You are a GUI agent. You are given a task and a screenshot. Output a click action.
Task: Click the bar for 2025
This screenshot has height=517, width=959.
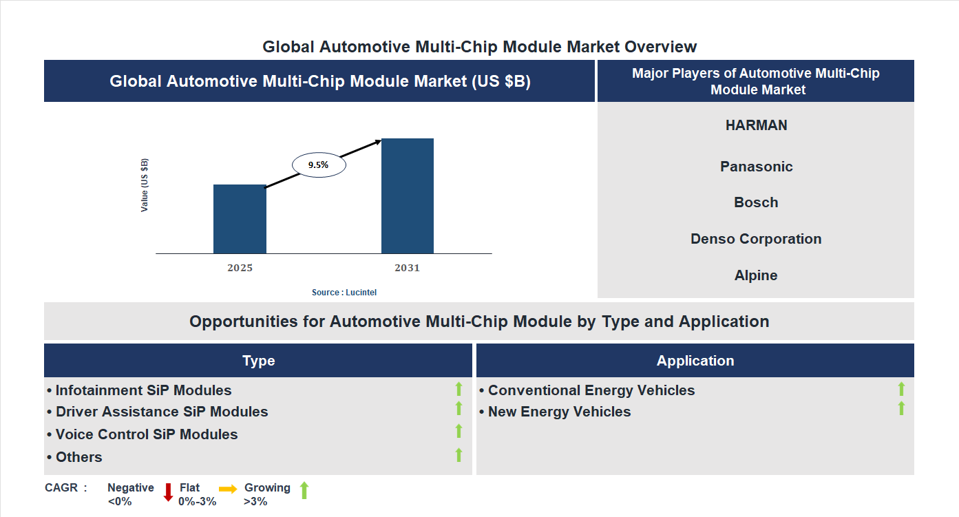click(240, 219)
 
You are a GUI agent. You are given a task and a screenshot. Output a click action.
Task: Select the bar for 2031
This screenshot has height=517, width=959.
click(408, 196)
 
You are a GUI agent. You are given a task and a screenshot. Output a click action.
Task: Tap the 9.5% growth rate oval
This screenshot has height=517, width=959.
click(319, 165)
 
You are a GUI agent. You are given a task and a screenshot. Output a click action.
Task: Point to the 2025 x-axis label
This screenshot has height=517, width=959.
click(240, 268)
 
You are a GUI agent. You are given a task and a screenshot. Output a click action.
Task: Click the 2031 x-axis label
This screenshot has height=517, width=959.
click(407, 268)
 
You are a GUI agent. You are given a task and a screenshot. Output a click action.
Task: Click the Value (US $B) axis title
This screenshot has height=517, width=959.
click(145, 185)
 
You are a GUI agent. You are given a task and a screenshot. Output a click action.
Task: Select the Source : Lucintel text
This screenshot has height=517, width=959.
click(344, 293)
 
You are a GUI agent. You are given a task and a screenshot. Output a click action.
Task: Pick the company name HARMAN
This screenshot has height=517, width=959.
click(756, 125)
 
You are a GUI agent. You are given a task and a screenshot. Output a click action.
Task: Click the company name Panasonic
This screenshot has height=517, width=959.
click(756, 167)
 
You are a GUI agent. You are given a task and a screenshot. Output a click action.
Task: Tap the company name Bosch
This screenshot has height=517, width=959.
click(756, 202)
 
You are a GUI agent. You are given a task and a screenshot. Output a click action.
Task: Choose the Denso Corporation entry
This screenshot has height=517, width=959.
click(756, 239)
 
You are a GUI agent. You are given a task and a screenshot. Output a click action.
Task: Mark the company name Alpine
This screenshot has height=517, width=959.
click(756, 275)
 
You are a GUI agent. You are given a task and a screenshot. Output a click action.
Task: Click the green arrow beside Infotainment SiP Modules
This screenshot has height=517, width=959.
click(459, 389)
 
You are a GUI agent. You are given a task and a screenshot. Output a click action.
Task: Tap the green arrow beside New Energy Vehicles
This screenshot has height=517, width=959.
click(901, 409)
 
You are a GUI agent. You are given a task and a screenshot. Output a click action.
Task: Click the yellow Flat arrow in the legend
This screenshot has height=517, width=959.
click(228, 488)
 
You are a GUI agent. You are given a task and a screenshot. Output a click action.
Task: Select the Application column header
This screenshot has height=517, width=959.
click(695, 361)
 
